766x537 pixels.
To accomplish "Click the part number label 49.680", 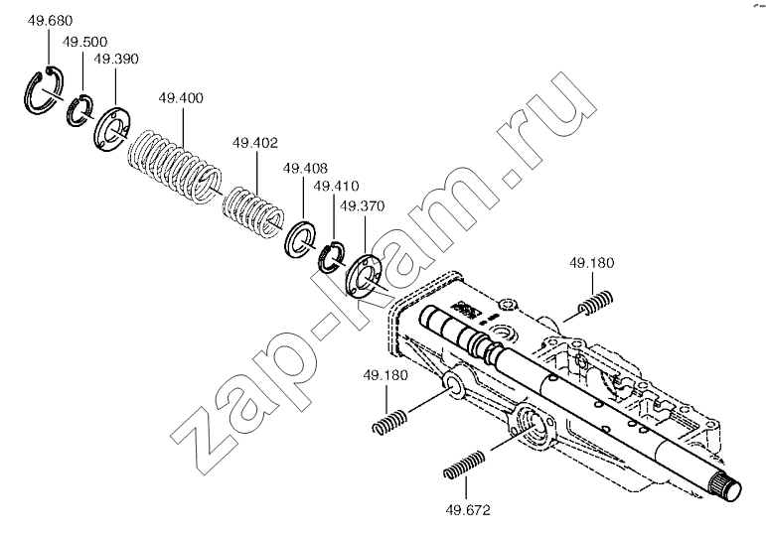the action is point(50,21).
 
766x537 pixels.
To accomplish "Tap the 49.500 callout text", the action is point(84,42).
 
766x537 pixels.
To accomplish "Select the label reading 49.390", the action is point(116,59).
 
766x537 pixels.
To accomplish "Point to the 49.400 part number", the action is point(181,97).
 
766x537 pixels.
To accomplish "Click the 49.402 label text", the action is point(255,143).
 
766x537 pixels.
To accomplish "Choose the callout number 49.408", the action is point(305,169).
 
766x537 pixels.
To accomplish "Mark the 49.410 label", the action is point(336,186).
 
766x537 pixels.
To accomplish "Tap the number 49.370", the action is point(362,206).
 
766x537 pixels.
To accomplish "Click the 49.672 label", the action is point(468,510).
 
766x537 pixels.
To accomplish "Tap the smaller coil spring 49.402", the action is point(252,212).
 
